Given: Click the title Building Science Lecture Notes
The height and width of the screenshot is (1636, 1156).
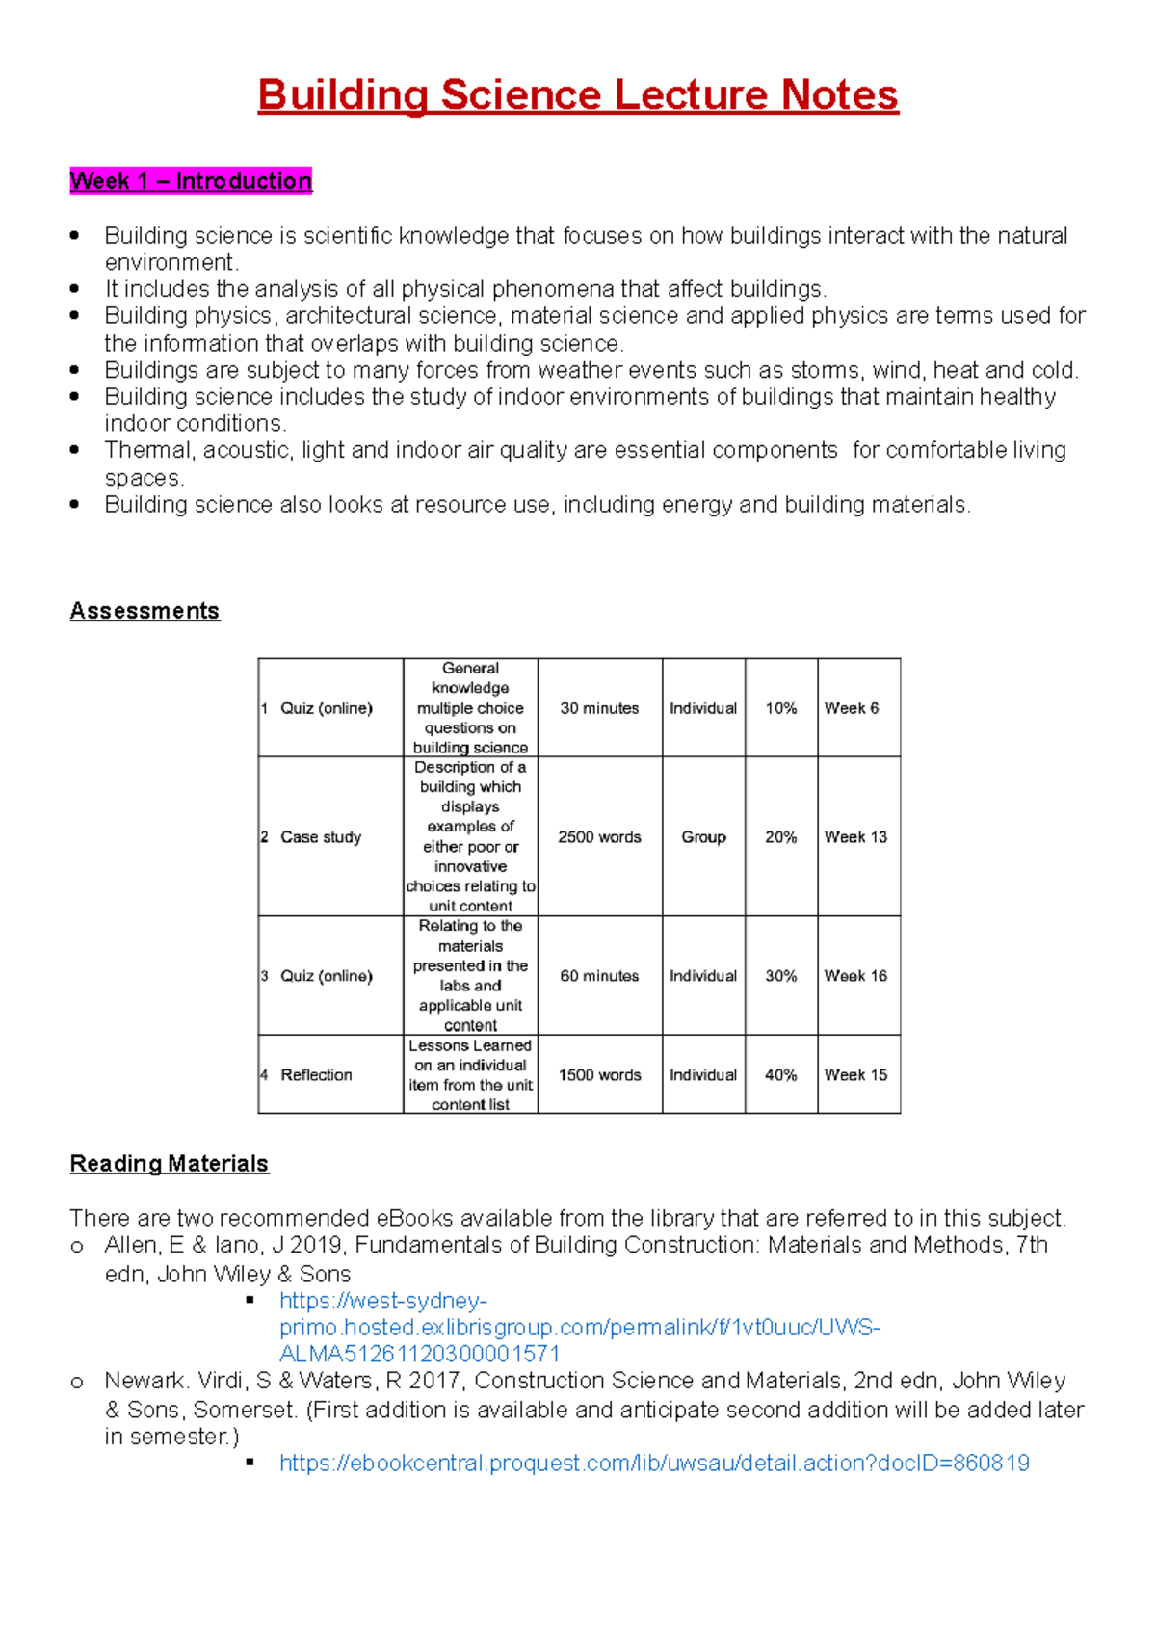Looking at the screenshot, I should (578, 95).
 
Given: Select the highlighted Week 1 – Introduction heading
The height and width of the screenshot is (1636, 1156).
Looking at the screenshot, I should (191, 181).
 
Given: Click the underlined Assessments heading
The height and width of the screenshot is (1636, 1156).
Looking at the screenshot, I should (144, 611).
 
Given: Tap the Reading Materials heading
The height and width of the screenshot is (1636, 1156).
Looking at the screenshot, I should (169, 1164).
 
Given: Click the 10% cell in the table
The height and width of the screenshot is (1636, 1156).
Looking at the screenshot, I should (780, 708).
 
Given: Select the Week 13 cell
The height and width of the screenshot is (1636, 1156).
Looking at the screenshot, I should (855, 837).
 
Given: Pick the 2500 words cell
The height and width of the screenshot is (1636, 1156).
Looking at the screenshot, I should (599, 837).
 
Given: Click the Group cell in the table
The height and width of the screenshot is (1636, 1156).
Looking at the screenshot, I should (703, 837).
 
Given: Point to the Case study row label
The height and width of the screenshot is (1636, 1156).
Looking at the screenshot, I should (320, 837).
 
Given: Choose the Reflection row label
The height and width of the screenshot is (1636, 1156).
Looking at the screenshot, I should (316, 1075).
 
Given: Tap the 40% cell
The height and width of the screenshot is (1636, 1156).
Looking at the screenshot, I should (780, 1075).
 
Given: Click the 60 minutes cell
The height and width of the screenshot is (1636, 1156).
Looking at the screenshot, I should (599, 976).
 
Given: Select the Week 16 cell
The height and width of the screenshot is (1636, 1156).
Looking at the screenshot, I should (855, 976).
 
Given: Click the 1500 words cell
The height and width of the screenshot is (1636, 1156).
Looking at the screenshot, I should (599, 1075).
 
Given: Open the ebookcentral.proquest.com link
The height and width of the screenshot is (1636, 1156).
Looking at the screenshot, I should (654, 1464).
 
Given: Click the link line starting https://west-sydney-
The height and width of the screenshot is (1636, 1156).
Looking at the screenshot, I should (383, 1301).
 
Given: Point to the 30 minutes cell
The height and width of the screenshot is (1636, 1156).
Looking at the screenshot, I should (599, 708).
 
